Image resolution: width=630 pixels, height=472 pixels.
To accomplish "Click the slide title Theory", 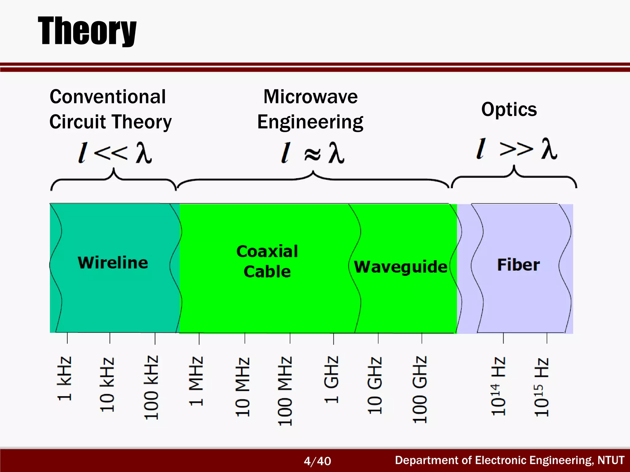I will [87, 31].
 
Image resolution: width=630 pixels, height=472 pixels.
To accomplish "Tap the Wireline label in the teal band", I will [113, 263].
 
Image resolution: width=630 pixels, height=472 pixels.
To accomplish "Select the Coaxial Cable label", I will [267, 262].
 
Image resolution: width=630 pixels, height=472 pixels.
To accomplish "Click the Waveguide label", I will [400, 266].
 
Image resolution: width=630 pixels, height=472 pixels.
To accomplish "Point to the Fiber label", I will [518, 265].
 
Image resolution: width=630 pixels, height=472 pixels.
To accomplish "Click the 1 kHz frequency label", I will [65, 379].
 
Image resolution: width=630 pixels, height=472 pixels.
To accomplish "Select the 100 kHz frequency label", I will [151, 387].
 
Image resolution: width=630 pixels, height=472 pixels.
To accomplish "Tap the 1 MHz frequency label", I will [196, 381].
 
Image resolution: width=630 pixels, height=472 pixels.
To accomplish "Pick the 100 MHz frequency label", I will [285, 391].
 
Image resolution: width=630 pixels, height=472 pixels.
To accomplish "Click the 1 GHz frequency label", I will [331, 380].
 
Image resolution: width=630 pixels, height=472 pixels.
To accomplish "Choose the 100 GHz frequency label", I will [420, 390].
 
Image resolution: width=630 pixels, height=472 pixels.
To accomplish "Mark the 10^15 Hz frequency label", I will [541, 387].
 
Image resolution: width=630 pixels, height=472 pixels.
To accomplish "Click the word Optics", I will [509, 109].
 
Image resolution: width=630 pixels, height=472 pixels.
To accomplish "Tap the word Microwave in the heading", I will [310, 97].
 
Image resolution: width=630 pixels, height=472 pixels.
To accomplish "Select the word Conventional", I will [108, 97].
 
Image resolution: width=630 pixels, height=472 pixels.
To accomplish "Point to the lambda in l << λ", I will [144, 152].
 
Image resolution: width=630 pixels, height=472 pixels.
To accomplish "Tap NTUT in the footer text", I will [611, 460].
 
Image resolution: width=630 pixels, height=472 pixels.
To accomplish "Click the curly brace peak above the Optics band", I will [514, 167].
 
